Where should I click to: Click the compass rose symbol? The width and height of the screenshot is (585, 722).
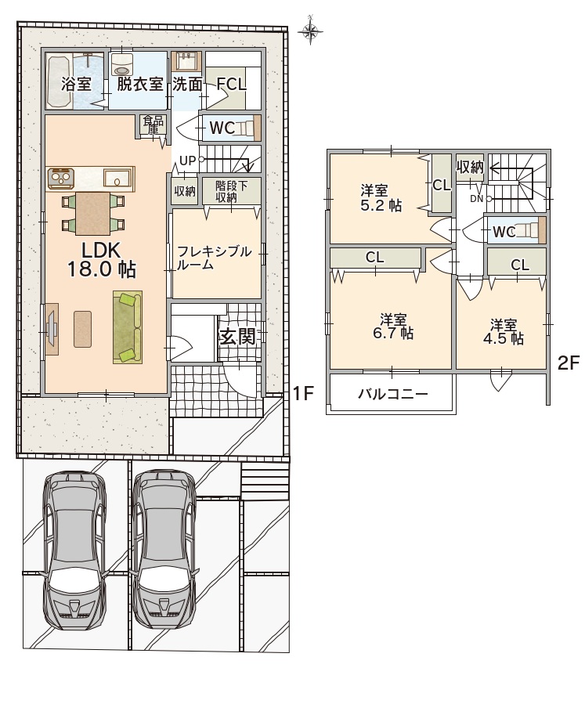(310, 31)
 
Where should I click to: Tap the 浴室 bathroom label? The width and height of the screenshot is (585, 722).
(77, 85)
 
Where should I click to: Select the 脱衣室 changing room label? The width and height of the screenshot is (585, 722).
(139, 85)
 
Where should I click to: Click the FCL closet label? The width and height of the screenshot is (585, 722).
(231, 85)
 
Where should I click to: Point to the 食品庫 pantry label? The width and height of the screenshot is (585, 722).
(153, 125)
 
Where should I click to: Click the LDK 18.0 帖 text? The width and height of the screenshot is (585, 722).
(101, 260)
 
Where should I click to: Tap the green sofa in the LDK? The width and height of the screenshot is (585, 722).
(128, 327)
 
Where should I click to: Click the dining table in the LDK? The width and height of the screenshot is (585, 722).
(93, 214)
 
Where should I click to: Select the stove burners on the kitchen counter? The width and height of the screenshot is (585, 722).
(60, 178)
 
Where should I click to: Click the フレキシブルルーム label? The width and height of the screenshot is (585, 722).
(215, 258)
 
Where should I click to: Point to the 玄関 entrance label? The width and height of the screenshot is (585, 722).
(237, 337)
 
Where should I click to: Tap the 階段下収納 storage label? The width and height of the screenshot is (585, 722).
(231, 192)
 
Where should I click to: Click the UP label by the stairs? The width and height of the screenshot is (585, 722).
(187, 161)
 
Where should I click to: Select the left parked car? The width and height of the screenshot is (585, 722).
(74, 550)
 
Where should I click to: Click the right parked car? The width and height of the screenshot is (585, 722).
(164, 550)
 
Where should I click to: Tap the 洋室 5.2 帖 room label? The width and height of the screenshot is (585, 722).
(381, 197)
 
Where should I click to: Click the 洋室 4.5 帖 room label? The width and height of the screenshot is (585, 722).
(503, 331)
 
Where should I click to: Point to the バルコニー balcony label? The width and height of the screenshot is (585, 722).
(393, 394)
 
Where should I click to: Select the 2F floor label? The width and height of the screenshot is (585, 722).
(568, 363)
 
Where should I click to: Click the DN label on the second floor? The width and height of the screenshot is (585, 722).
(476, 199)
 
